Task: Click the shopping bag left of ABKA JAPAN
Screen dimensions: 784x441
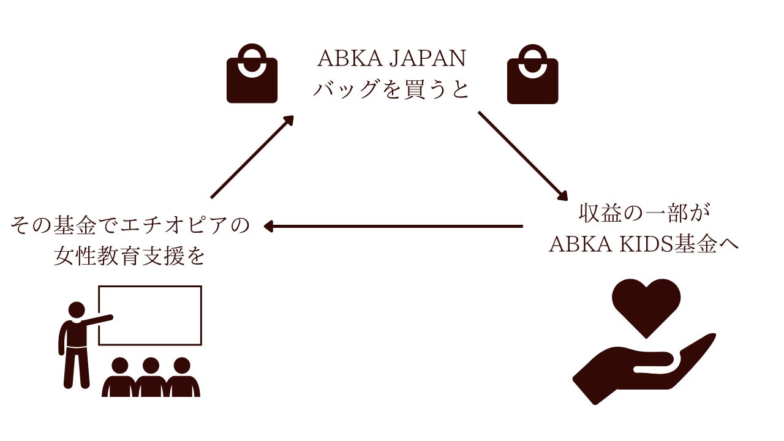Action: (x=252, y=80)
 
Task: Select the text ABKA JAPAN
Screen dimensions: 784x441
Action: (x=391, y=58)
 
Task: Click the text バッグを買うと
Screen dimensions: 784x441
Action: (x=391, y=89)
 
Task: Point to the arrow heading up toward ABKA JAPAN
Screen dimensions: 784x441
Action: (x=252, y=157)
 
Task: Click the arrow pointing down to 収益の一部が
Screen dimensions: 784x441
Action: (x=523, y=156)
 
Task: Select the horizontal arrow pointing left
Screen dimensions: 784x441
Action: (x=393, y=227)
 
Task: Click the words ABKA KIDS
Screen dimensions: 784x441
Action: (x=611, y=244)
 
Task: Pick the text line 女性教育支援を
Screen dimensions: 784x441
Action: (x=129, y=255)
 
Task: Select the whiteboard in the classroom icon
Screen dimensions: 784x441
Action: (x=150, y=287)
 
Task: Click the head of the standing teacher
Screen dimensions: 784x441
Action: (x=77, y=311)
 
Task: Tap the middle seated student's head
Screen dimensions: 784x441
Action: (x=151, y=366)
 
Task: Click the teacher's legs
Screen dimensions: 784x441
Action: (x=77, y=367)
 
